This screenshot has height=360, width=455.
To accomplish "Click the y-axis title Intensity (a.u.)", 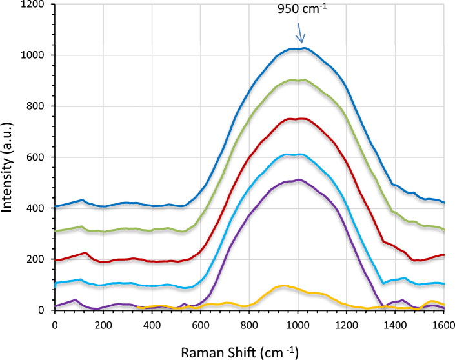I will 9,159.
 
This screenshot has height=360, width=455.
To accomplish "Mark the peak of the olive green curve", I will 301,80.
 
